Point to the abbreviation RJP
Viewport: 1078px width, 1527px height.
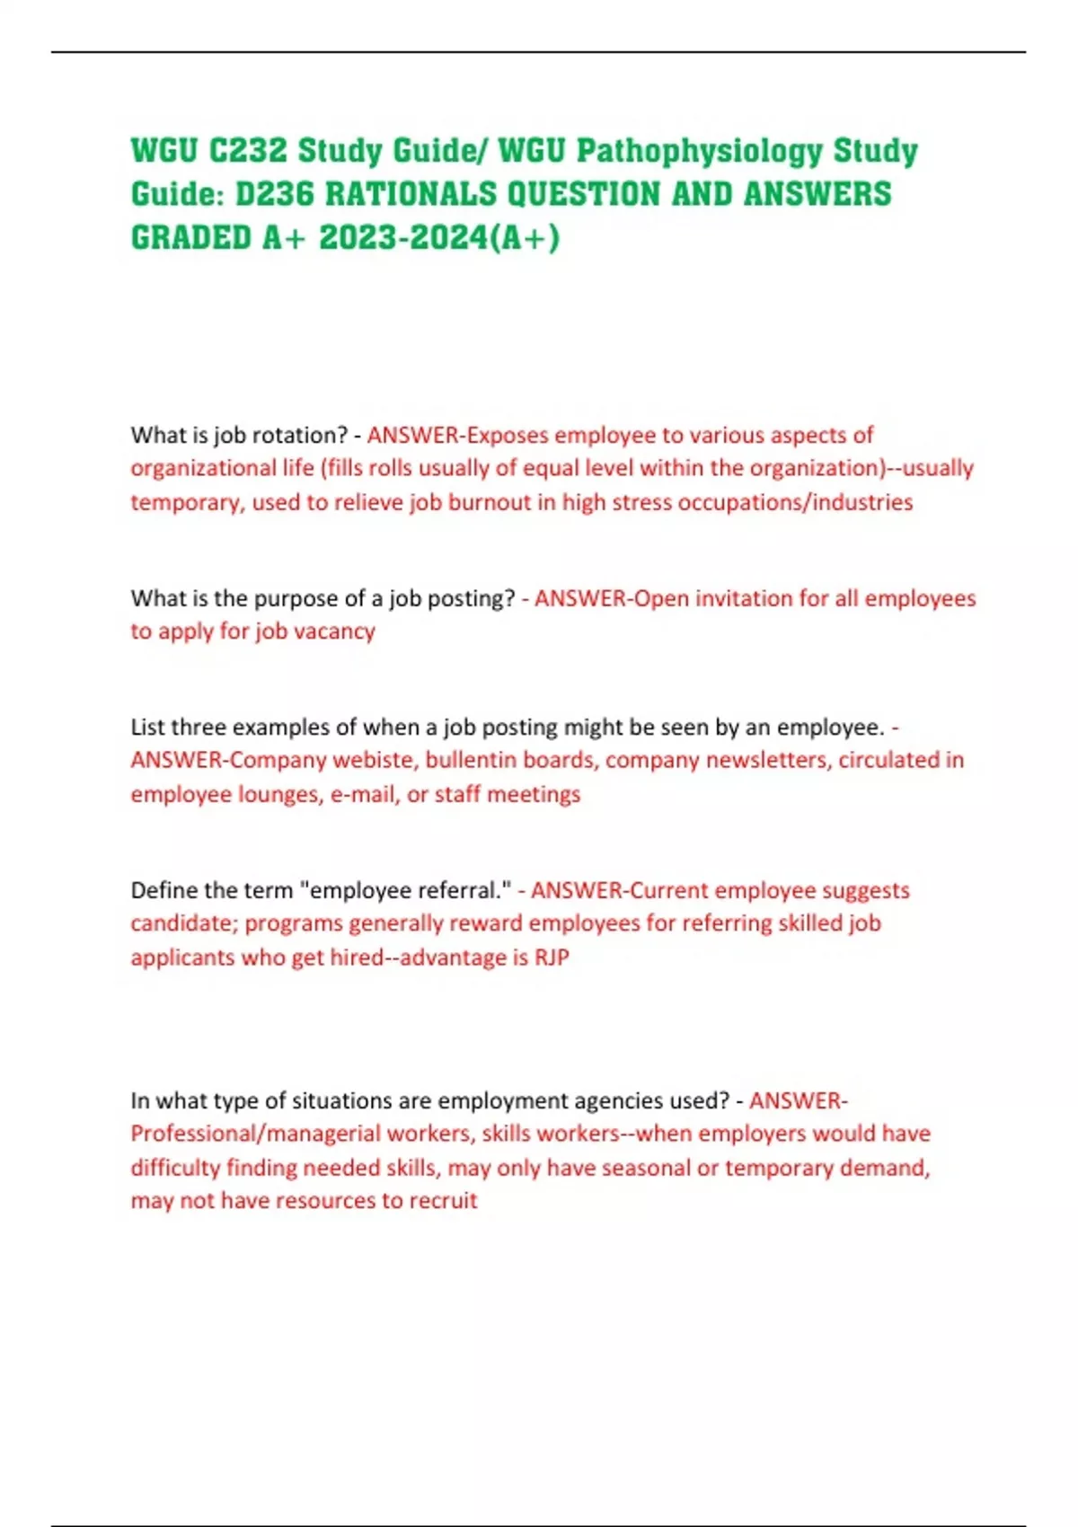click(x=552, y=958)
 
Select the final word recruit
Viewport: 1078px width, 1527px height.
click(x=443, y=1201)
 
